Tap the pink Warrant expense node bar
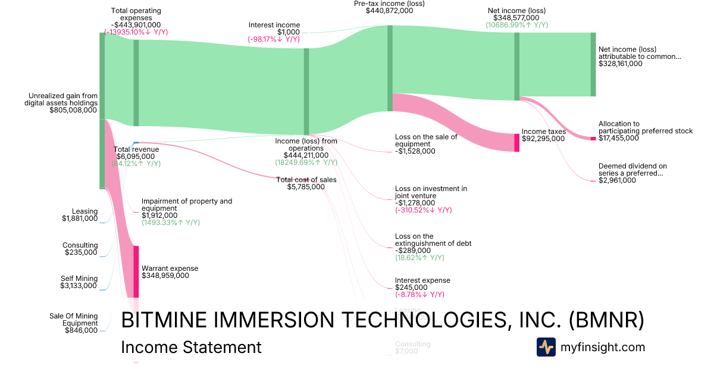tap(136, 271)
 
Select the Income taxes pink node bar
tap(516, 142)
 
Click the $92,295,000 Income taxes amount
tap(543, 138)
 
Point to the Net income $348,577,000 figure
tap(516, 18)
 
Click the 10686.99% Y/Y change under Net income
tap(516, 25)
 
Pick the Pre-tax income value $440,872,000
tap(389, 11)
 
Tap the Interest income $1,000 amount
tap(289, 32)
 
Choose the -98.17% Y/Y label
tap(274, 39)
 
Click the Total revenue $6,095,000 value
tap(136, 156)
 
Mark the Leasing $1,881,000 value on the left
tap(80, 218)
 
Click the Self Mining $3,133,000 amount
tap(80, 286)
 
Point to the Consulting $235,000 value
tap(81, 252)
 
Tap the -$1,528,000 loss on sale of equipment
tap(415, 151)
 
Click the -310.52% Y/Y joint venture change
tap(423, 210)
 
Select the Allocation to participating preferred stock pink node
tap(593, 139)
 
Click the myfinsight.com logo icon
tap(546, 347)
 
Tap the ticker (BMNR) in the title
tap(607, 320)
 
